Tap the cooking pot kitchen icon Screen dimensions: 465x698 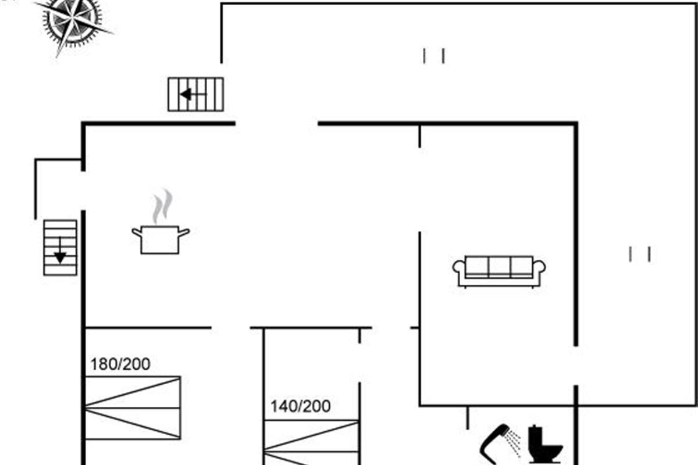pos(161,239)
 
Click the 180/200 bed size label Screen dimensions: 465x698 pos(120,364)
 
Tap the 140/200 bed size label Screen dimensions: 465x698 pos(300,406)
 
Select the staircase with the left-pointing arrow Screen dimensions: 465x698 pos(195,94)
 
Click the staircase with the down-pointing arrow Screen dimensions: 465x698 pos(60,248)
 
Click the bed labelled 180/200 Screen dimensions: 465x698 pos(133,407)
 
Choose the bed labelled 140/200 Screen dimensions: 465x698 pos(311,442)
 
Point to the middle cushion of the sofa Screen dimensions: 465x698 pos(499,266)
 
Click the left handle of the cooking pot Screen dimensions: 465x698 pos(137,232)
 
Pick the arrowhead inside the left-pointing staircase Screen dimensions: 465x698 pos(186,94)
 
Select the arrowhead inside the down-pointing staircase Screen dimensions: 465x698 pos(60,257)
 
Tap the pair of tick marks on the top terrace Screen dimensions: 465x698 pos(434,56)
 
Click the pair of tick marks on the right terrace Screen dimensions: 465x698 pos(639,254)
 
